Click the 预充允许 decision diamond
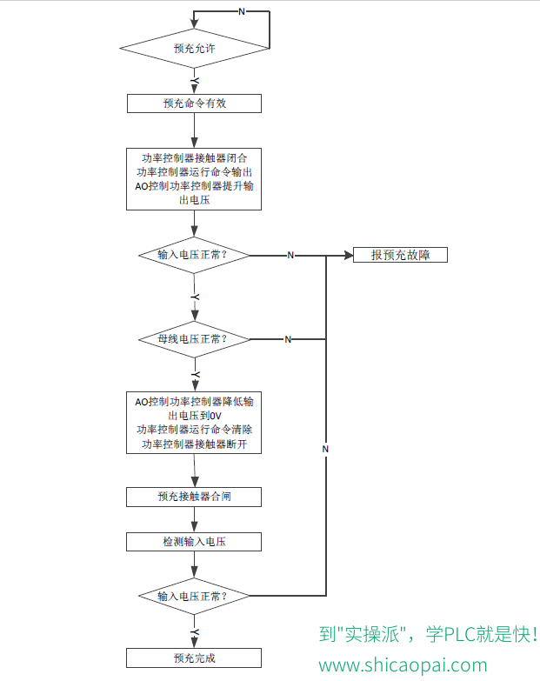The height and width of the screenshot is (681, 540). coord(195,48)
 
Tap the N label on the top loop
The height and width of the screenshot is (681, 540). coord(242,11)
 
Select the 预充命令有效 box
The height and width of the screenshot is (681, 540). coord(194,103)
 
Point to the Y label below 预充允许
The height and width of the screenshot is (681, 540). coord(196,81)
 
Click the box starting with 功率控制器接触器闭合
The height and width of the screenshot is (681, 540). coord(194,179)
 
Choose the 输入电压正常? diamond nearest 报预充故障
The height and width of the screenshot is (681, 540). coord(194,255)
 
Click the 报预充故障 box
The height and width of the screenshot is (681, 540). coord(400,255)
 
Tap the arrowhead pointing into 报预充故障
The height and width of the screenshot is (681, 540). coord(349,256)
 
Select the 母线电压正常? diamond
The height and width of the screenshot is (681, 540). coord(194,339)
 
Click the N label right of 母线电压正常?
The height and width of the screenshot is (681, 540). coord(288,340)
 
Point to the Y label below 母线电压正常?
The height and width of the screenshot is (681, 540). coord(196,374)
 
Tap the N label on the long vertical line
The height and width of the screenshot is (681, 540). coord(325,449)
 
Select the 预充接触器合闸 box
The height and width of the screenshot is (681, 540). coord(194,497)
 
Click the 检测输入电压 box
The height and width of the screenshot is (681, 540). coord(194,542)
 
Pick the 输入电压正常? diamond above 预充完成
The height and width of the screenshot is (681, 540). coord(194,596)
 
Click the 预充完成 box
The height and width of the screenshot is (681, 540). coord(194,658)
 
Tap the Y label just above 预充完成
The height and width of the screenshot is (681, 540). coord(196,632)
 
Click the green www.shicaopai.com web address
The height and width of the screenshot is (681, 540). coord(403,665)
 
